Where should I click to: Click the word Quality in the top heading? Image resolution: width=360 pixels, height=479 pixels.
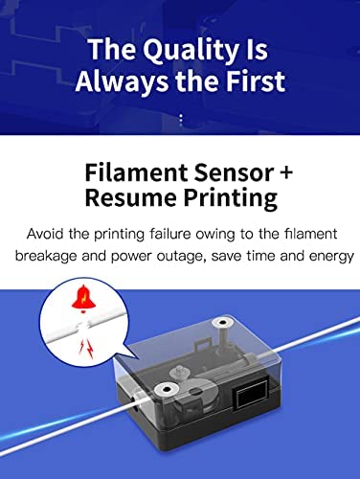(188, 51)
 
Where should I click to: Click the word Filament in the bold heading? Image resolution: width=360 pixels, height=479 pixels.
(136, 172)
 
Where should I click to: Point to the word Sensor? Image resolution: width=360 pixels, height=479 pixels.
(235, 172)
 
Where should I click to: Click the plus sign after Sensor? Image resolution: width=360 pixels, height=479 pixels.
(286, 172)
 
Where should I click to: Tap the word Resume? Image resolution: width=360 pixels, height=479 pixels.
(131, 197)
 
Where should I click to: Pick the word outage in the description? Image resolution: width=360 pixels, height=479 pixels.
(180, 257)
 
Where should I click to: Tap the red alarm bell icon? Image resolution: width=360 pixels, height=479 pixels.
(83, 299)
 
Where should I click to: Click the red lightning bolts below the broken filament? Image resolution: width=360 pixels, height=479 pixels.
(86, 349)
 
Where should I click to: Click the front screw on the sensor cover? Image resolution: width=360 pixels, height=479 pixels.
(167, 390)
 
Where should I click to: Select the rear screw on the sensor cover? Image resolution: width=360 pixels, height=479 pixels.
(222, 323)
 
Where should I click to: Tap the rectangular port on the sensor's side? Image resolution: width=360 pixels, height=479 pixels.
(251, 395)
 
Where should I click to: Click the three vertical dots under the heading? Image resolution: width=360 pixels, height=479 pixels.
(181, 120)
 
